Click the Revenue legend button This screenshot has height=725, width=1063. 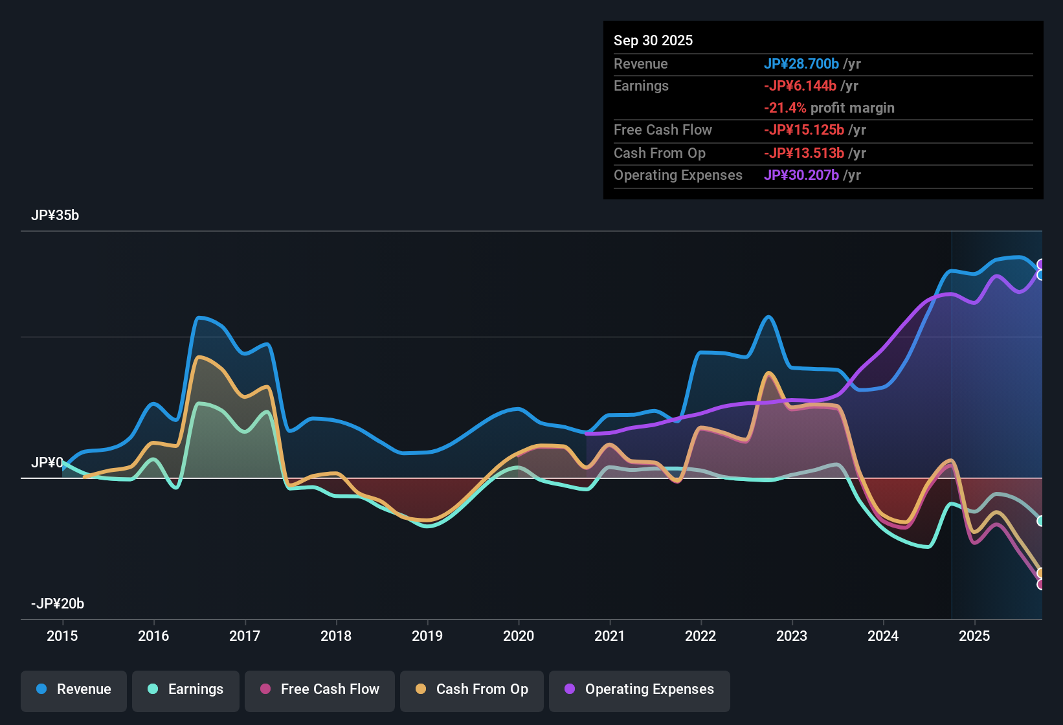74,689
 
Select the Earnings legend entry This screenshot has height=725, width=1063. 186,689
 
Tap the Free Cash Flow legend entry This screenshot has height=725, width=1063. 320,689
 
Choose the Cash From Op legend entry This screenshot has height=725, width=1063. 472,689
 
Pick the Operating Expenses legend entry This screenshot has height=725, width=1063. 640,689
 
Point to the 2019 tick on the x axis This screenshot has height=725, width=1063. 427,636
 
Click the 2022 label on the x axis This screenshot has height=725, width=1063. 700,636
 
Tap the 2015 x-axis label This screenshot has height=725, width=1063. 62,636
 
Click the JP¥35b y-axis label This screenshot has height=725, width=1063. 55,216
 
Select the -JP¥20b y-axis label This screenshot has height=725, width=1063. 58,604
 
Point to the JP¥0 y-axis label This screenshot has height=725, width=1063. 47,463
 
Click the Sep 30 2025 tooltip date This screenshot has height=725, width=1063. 653,40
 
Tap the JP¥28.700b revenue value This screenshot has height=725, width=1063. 801,63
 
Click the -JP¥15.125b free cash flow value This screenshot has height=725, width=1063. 803,130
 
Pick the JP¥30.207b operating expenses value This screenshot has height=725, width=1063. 801,175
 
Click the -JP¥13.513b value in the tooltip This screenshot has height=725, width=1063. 803,153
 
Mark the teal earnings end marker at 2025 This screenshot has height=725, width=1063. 1040,521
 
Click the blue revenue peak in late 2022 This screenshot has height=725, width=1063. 768,317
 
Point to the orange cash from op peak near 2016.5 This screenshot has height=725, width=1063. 199,357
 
